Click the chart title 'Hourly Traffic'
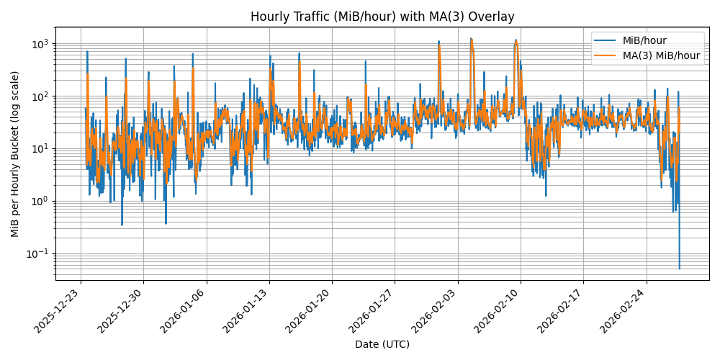(382, 17)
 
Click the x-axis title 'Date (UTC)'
(382, 344)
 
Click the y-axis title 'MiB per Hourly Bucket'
(15, 153)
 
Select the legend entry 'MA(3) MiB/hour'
(661, 55)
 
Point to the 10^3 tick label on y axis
(40, 44)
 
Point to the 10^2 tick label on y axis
(40, 96)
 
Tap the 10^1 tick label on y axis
(40, 149)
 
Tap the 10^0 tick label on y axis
(40, 201)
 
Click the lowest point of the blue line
(679, 269)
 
